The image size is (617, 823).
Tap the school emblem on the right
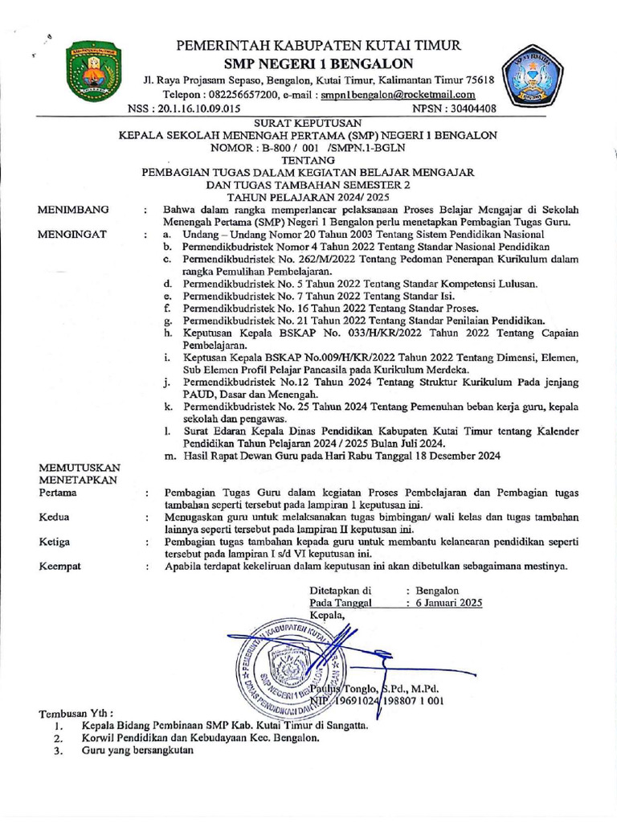[533, 84]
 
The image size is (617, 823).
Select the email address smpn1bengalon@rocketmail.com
[401, 94]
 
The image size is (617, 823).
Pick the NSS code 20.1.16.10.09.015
[190, 109]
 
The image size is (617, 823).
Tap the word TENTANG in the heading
[308, 160]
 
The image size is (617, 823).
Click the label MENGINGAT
[72, 235]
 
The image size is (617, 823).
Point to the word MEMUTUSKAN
[79, 467]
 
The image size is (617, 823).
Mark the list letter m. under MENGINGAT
[169, 456]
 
